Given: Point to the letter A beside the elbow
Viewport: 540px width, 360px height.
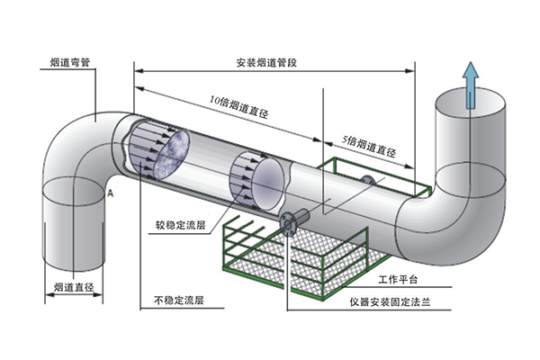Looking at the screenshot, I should click(x=109, y=193).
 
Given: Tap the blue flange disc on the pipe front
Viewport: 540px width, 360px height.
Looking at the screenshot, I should click(x=290, y=223).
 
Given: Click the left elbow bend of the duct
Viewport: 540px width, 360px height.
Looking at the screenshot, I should click(x=76, y=144).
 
